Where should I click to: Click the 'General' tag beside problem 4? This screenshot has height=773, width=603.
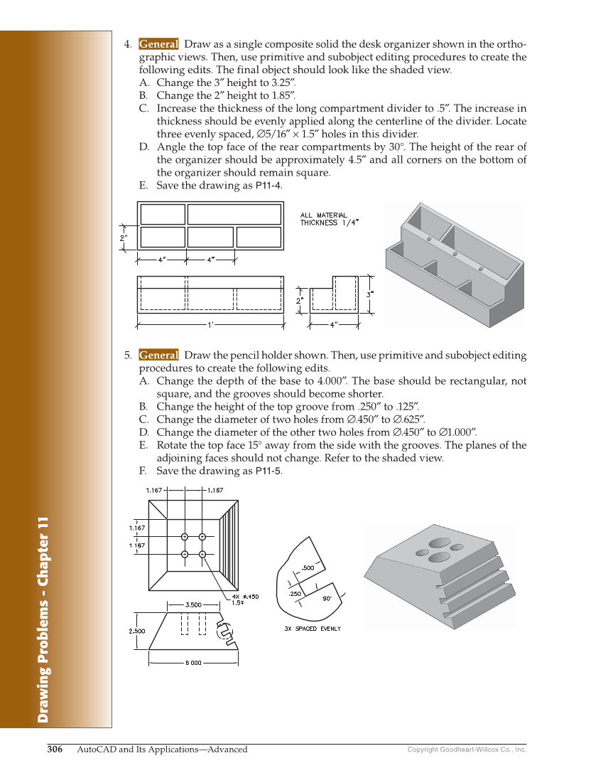[158, 44]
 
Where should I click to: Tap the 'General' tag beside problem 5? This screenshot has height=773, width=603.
[158, 355]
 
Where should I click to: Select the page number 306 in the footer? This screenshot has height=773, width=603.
[55, 749]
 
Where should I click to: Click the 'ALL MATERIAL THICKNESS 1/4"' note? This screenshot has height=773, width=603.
[329, 219]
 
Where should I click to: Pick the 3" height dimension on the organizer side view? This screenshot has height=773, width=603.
[369, 293]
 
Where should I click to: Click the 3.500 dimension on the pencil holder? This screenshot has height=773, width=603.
[193, 604]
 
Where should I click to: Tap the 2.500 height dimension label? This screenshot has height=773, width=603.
[136, 631]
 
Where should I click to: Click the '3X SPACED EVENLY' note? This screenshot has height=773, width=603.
[313, 629]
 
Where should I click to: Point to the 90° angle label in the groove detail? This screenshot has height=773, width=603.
[327, 598]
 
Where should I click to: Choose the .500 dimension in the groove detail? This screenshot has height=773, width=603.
[308, 567]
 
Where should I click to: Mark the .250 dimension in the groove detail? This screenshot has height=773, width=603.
[295, 593]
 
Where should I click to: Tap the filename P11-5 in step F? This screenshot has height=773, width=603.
[268, 471]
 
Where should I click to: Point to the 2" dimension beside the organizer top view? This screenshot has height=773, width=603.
[124, 238]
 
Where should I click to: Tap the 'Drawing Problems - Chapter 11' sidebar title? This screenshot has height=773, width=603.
[44, 619]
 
